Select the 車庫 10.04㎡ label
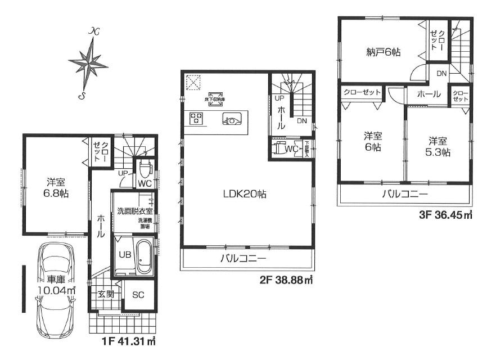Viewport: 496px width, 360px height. pyautogui.click(x=56, y=286)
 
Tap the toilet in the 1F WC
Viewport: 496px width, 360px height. pyautogui.click(x=145, y=168)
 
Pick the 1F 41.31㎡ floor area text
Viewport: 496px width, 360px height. pyautogui.click(x=130, y=341)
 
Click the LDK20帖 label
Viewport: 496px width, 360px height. pyautogui.click(x=244, y=194)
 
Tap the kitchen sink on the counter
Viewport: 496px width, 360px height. pyautogui.click(x=232, y=119)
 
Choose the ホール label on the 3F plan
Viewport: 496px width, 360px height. pyautogui.click(x=429, y=94)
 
